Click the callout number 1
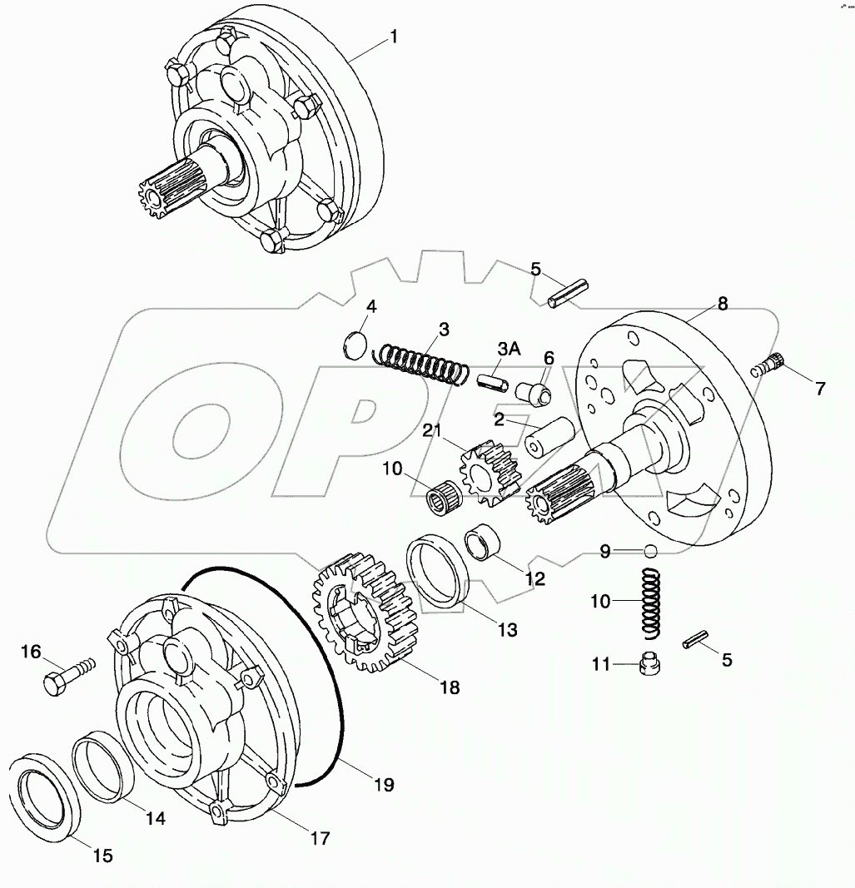click(394, 37)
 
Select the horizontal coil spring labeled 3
click(420, 365)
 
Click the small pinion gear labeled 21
click(488, 473)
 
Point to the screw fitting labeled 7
click(770, 365)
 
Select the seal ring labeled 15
click(44, 790)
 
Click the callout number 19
click(383, 783)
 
